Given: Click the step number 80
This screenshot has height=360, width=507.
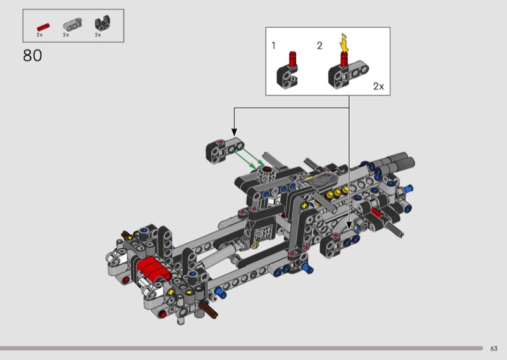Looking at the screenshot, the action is (32, 56).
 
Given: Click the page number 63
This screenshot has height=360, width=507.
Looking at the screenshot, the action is (494, 349).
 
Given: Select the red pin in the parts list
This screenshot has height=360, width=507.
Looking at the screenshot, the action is (43, 27).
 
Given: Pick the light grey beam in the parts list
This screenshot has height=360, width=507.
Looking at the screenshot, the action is (72, 24).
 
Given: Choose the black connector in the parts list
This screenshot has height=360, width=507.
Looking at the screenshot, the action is (103, 23).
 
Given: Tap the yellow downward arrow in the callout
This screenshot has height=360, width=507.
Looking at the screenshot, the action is (345, 43).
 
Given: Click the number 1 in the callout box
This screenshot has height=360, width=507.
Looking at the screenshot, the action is (274, 46).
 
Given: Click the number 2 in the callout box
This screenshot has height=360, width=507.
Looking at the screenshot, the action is (319, 46).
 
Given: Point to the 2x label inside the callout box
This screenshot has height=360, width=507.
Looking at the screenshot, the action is (378, 86).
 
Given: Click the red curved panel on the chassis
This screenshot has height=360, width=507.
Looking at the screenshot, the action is (153, 268).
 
